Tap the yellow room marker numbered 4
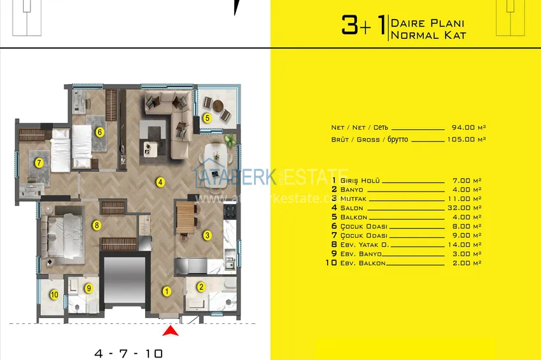point(161,183)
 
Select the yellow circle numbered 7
point(39,163)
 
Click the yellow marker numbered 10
point(54,294)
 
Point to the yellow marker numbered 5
point(207,118)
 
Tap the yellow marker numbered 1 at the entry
point(166,292)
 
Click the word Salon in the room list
point(352,208)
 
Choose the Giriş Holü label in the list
point(360,181)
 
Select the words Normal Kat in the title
point(428,36)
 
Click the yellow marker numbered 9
point(89,288)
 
